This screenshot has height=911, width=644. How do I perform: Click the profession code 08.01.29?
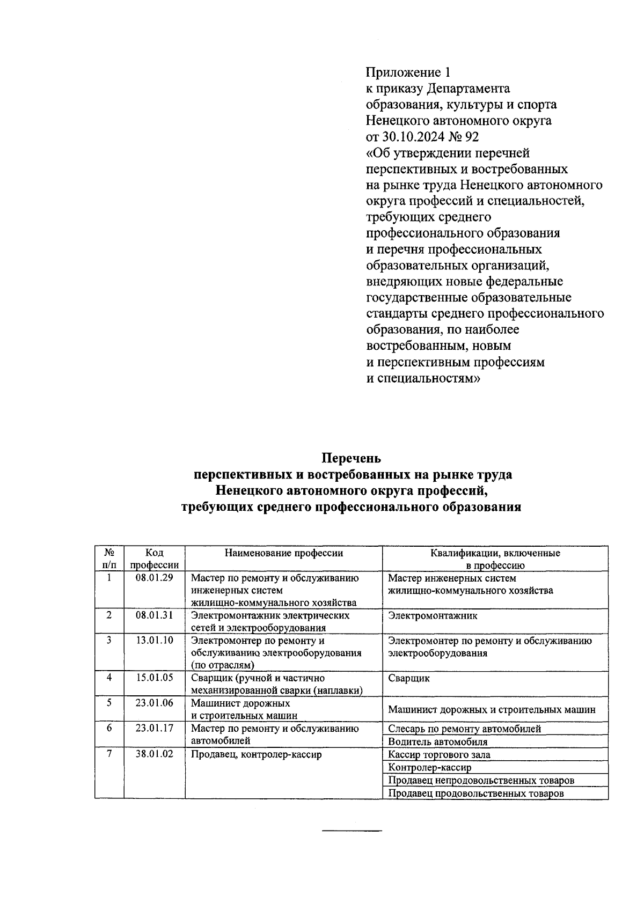(x=154, y=578)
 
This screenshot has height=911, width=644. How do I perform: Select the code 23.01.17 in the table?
(x=154, y=728)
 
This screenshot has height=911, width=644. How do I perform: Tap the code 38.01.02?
(x=154, y=754)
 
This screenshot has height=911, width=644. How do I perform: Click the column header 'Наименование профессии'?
(x=283, y=553)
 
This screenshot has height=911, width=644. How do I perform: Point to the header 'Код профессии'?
(x=154, y=559)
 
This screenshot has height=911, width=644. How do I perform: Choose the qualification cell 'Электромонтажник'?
(x=433, y=615)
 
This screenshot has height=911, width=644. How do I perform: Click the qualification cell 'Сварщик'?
(x=409, y=678)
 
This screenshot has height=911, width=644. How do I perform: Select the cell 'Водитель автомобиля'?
(x=438, y=742)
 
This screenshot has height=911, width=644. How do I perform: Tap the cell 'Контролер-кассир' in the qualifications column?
(x=430, y=767)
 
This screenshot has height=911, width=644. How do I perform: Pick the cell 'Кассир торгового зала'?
(x=439, y=754)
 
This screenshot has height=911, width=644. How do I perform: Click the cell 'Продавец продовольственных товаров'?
(x=476, y=793)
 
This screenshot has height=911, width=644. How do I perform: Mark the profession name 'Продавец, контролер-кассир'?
(x=257, y=754)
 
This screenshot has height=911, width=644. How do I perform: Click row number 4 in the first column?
(x=109, y=677)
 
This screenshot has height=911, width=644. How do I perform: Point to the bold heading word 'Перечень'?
(x=351, y=458)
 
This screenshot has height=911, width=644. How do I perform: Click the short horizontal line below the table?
(x=352, y=831)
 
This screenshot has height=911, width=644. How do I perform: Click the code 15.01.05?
(x=154, y=677)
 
